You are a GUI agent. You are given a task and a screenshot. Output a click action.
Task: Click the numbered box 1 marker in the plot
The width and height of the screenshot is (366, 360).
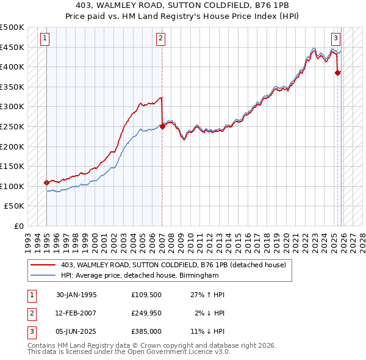click(46, 38)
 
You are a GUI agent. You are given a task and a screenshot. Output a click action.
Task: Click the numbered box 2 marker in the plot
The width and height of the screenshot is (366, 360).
click(160, 38)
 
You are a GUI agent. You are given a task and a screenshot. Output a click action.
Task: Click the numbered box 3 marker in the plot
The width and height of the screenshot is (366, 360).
click(335, 38)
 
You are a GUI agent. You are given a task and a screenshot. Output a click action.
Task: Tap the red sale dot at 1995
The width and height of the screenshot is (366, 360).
click(46, 182)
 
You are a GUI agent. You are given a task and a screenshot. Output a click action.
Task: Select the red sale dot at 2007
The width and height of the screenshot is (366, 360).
click(162, 127)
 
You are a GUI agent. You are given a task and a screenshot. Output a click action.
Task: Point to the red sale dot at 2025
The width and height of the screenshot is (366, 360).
click(338, 73)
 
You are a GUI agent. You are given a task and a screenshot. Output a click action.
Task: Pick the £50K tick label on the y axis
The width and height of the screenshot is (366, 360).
click(15, 206)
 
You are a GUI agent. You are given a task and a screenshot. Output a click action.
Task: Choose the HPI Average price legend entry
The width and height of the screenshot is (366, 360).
click(139, 275)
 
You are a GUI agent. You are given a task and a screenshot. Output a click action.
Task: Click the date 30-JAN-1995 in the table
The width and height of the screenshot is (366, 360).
click(76, 295)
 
